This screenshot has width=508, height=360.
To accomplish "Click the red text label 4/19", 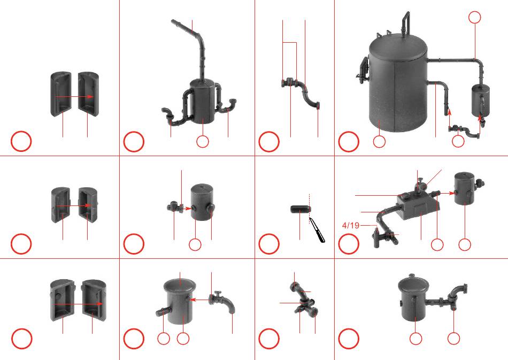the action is (x=351, y=225).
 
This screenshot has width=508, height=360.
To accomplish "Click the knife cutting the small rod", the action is (x=317, y=230).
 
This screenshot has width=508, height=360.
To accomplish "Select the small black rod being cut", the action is (x=301, y=209).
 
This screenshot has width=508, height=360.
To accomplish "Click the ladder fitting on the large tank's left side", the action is (x=363, y=70).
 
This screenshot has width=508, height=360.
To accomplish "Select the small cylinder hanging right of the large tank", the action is (x=481, y=101).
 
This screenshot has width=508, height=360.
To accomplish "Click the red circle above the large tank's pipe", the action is (x=475, y=17).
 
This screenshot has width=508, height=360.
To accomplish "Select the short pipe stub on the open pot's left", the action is (x=161, y=312).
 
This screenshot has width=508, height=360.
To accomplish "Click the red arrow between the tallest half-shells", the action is (x=74, y=97).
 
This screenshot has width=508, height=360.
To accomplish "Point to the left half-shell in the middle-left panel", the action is (x=61, y=205).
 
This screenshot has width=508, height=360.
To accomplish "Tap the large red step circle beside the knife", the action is (x=268, y=244).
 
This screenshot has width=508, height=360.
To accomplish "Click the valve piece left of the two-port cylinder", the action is (x=175, y=206).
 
